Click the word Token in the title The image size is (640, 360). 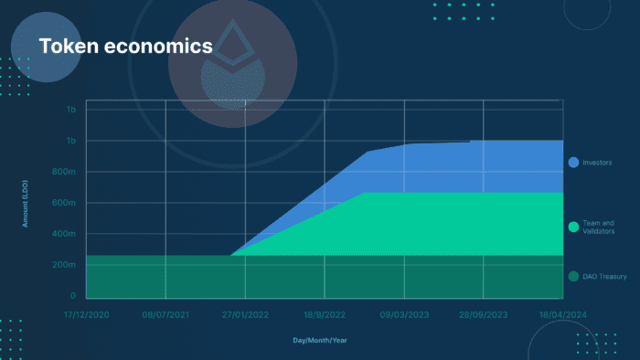coord(66,46)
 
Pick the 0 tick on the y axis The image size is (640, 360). coord(72,296)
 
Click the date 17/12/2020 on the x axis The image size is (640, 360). coord(86,313)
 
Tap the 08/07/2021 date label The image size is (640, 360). coord(165,313)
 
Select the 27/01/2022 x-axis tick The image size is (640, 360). coord(245,313)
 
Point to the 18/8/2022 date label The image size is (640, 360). coord(325,313)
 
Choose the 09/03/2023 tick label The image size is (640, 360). coord(404,313)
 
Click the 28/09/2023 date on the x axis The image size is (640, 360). coord(484,313)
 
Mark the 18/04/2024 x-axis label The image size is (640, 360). coord(561,313)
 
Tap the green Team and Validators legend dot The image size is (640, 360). coord(573,227)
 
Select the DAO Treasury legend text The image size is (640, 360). coord(604,276)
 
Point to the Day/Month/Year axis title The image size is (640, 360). coord(320,340)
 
